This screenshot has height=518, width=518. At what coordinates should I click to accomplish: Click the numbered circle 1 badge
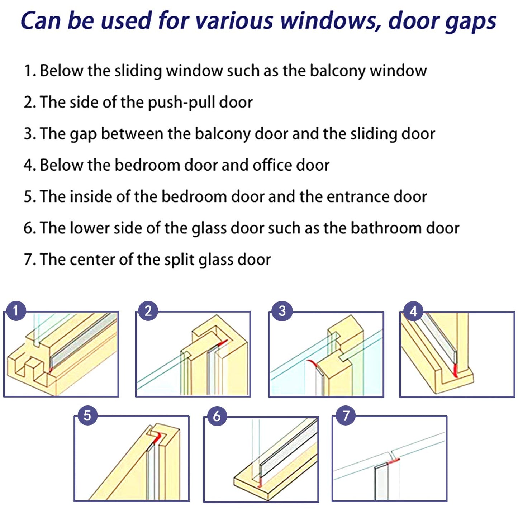(16, 310)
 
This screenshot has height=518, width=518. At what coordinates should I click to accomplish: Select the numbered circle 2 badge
(148, 310)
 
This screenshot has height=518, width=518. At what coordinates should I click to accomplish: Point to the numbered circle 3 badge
(282, 310)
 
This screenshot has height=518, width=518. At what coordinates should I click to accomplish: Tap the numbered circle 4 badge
(413, 311)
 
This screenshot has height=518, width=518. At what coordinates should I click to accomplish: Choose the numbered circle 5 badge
(87, 415)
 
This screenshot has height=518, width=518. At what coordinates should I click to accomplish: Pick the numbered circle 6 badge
(217, 416)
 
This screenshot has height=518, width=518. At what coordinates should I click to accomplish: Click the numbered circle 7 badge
(346, 415)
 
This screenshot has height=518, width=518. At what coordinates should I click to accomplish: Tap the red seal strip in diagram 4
(456, 370)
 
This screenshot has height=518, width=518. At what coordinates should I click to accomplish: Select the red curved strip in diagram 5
(157, 437)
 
